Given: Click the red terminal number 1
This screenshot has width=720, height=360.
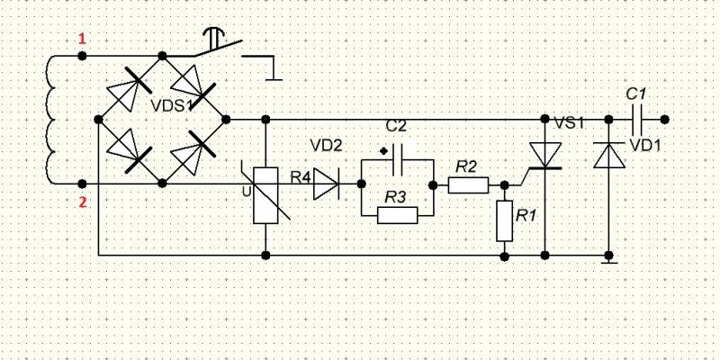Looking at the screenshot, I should pyautogui.click(x=83, y=39).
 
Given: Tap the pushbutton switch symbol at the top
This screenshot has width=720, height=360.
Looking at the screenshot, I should pyautogui.click(x=216, y=45).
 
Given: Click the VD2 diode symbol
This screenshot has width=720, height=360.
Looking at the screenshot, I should pyautogui.click(x=326, y=185).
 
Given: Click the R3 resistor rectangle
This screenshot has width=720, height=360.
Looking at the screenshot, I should pyautogui.click(x=397, y=214).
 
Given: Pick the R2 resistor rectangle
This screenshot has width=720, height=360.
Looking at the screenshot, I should pyautogui.click(x=468, y=185).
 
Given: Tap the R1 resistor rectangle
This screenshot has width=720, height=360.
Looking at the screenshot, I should pyautogui.click(x=505, y=221).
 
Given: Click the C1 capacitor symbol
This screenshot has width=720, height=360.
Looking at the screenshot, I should pyautogui.click(x=636, y=118).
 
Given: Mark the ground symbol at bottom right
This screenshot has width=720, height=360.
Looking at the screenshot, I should pyautogui.click(x=609, y=258).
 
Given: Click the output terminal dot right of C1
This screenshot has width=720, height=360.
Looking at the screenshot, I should pyautogui.click(x=664, y=118).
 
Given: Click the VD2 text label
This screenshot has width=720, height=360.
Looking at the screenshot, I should pyautogui.click(x=325, y=143).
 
